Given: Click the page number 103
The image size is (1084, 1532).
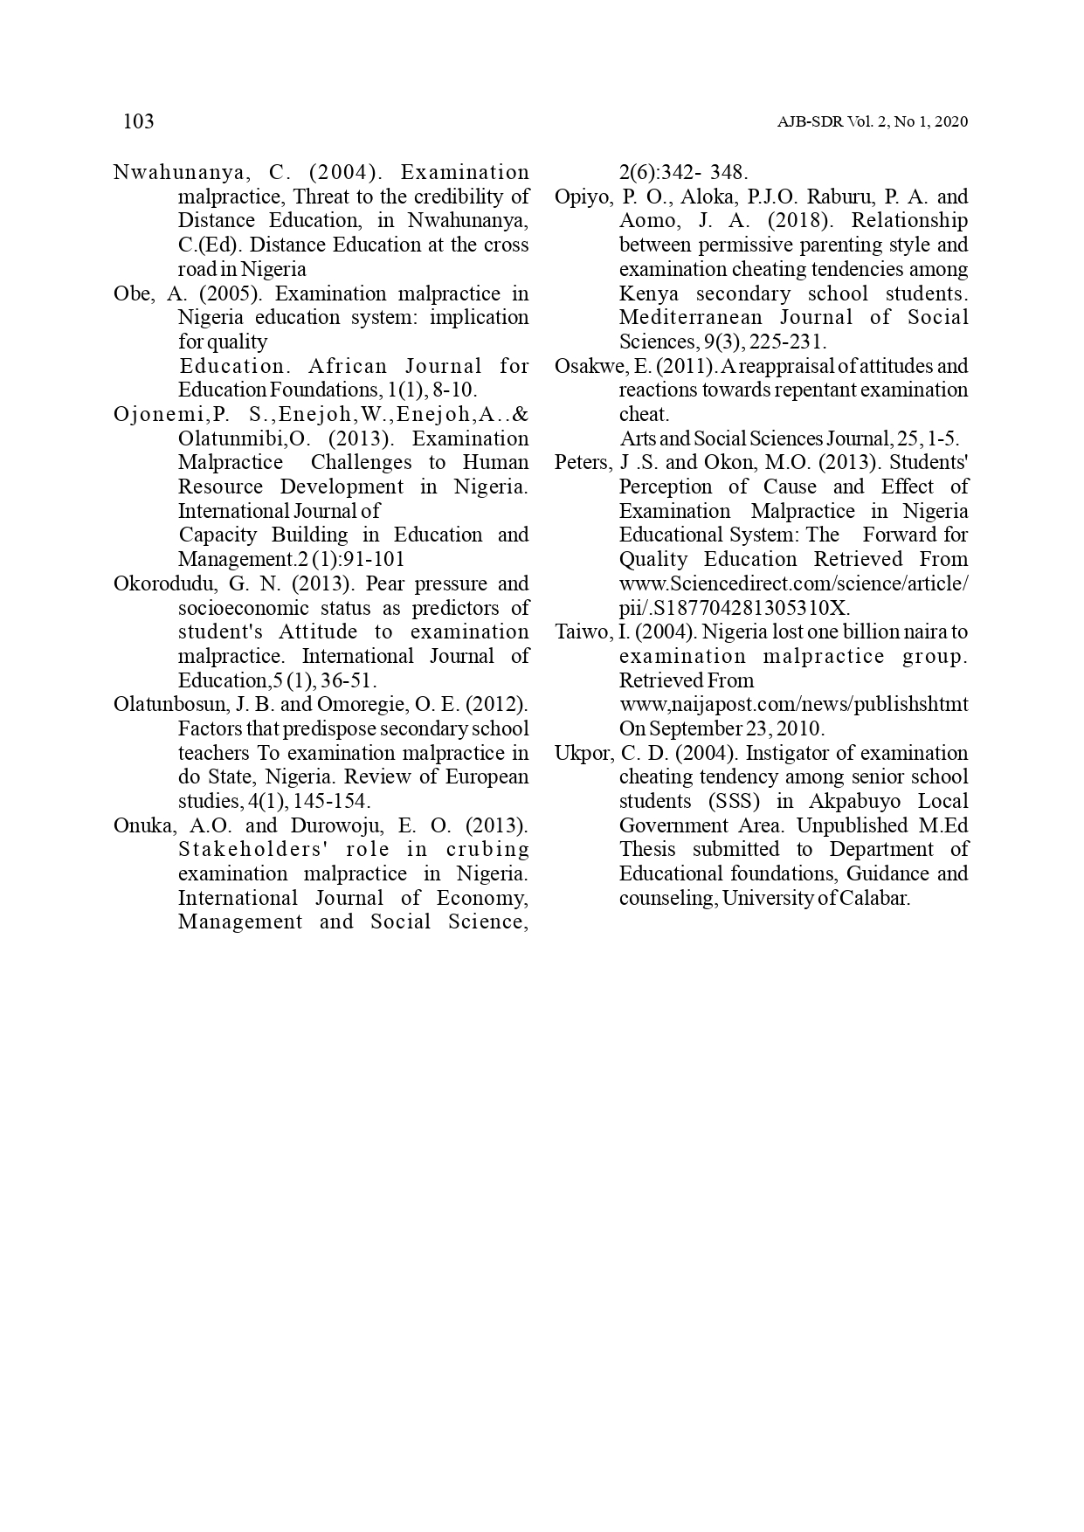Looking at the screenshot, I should coord(139,121).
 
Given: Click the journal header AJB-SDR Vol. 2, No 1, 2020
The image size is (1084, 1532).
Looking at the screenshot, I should coord(872,122).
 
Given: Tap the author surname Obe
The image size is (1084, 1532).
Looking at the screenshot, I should coord(131,293).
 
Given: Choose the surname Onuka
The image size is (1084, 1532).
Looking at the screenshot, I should coord(143,825).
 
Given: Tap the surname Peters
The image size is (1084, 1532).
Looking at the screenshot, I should coord(583,462).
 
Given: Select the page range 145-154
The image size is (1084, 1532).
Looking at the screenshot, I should coord(335,801).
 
